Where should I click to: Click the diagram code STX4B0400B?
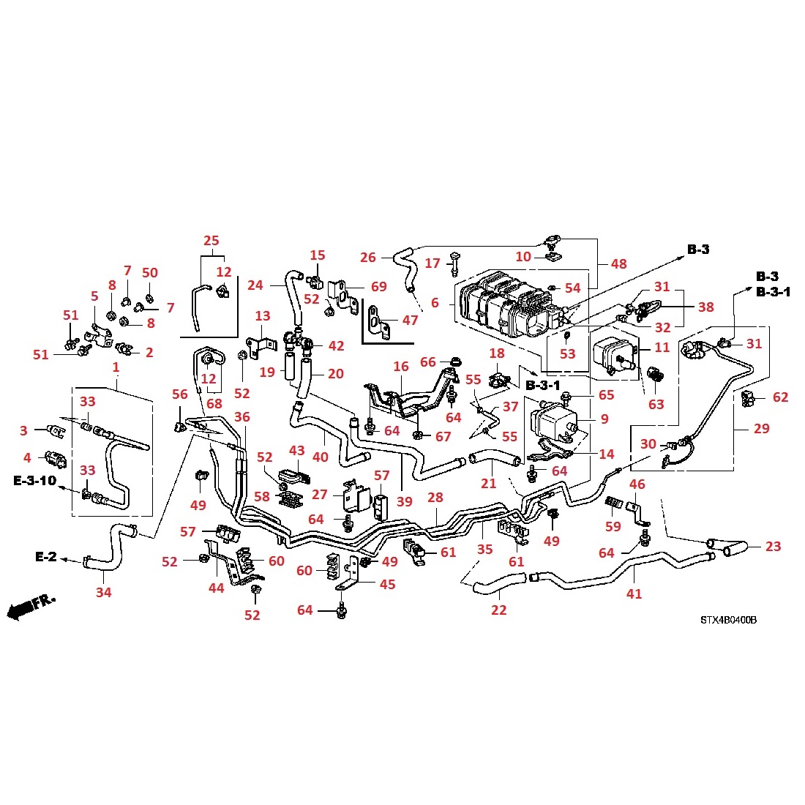point(727,620)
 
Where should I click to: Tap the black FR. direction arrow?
point(31,606)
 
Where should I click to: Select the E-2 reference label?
point(45,557)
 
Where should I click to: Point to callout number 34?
point(104,592)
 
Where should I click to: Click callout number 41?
point(634,594)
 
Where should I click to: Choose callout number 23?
point(773,546)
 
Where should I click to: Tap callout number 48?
point(619,263)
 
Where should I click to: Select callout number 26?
point(368,257)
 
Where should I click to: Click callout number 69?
point(378,287)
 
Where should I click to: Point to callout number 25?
point(211,241)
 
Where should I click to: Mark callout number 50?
point(149,273)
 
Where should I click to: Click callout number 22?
point(498,610)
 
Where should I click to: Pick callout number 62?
point(781,397)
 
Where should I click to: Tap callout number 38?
point(705,307)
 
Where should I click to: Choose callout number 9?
point(604,419)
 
